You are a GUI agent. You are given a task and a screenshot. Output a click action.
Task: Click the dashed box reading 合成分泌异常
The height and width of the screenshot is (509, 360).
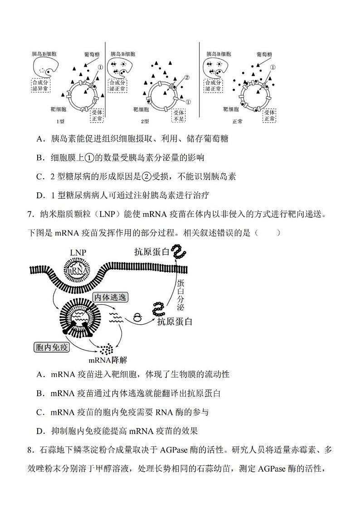point(41,85)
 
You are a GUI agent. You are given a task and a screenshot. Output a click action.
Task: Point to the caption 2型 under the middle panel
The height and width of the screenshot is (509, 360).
point(145,122)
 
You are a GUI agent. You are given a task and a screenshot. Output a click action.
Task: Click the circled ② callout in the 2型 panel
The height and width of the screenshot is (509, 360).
point(185,77)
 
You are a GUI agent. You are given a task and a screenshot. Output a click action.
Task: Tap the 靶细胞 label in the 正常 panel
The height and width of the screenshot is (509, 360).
point(231,109)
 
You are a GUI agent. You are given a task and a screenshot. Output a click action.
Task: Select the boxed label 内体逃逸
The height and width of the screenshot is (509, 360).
point(110,297)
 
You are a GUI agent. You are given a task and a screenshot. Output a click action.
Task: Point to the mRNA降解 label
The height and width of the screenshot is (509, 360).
point(108,360)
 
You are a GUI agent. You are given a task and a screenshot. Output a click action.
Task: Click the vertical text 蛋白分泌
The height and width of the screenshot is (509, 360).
point(180,295)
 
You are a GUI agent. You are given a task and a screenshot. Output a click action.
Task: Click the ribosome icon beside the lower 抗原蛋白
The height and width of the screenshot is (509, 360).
point(136,318)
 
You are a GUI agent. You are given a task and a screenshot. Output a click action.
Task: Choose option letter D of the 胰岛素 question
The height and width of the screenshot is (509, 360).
point(40,196)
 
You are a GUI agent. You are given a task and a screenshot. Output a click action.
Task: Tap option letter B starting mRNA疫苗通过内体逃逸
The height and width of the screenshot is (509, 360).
point(40,393)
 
